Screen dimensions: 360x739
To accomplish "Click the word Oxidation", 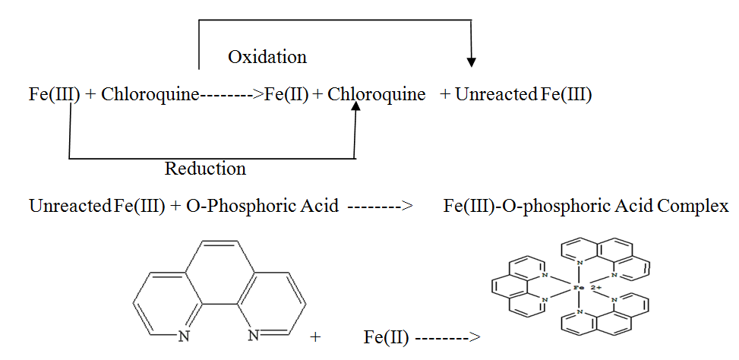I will pos(267,58).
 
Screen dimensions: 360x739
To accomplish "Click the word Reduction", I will pos(205,169).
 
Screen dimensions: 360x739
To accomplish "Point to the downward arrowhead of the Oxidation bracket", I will pos(472,60).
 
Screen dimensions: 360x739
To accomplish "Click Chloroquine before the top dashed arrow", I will pos(150,95).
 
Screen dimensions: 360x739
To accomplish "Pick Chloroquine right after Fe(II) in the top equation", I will pos(377,95).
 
